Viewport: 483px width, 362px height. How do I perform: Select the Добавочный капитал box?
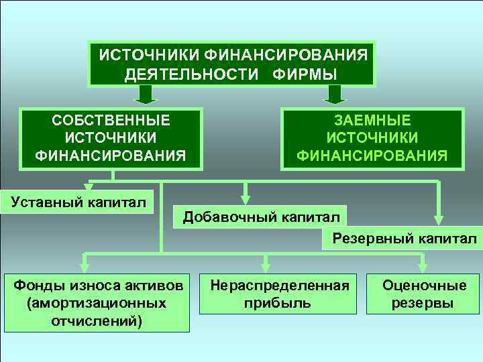click(260, 217)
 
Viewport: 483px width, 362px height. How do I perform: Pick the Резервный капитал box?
click(400, 239)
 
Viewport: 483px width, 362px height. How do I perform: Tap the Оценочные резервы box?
click(424, 294)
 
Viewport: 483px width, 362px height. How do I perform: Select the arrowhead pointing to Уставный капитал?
click(88, 187)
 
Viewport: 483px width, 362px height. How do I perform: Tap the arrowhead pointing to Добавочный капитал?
click(246, 198)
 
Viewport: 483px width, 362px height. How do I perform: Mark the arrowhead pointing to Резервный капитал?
click(438, 220)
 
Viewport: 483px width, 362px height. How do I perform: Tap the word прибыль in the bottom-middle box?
click(279, 303)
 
